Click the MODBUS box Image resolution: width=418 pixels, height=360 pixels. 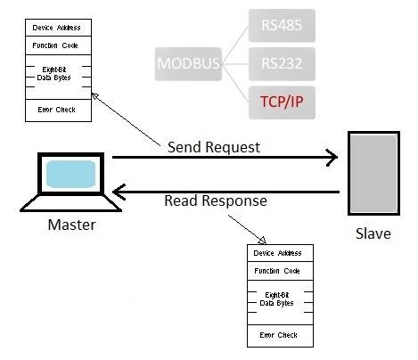(x=188, y=64)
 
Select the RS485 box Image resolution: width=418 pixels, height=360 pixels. (x=282, y=25)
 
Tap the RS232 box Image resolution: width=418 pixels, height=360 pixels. (x=282, y=64)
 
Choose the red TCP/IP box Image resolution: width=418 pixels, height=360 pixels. (x=282, y=102)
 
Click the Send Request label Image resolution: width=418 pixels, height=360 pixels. (x=214, y=147)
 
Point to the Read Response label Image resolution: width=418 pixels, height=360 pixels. (x=216, y=201)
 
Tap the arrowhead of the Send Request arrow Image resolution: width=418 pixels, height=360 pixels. (x=332, y=158)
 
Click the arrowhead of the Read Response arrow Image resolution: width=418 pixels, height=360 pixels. (x=119, y=192)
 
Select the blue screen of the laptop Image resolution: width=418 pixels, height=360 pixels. (x=70, y=174)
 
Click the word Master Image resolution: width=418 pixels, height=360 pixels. (x=71, y=225)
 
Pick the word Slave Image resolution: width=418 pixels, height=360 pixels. (x=373, y=233)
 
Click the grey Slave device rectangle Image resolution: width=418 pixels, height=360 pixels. (x=373, y=173)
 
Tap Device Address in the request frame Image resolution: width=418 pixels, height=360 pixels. (x=56, y=28)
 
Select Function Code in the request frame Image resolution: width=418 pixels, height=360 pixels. (x=55, y=45)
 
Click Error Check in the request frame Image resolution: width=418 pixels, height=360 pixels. (x=56, y=110)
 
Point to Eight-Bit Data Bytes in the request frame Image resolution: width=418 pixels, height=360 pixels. (x=53, y=74)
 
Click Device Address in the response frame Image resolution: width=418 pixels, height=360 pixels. (x=277, y=253)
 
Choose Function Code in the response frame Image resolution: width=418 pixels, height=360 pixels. (x=277, y=271)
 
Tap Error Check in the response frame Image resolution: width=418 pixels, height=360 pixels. (x=278, y=335)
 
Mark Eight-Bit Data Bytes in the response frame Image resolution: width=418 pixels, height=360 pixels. (x=276, y=299)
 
